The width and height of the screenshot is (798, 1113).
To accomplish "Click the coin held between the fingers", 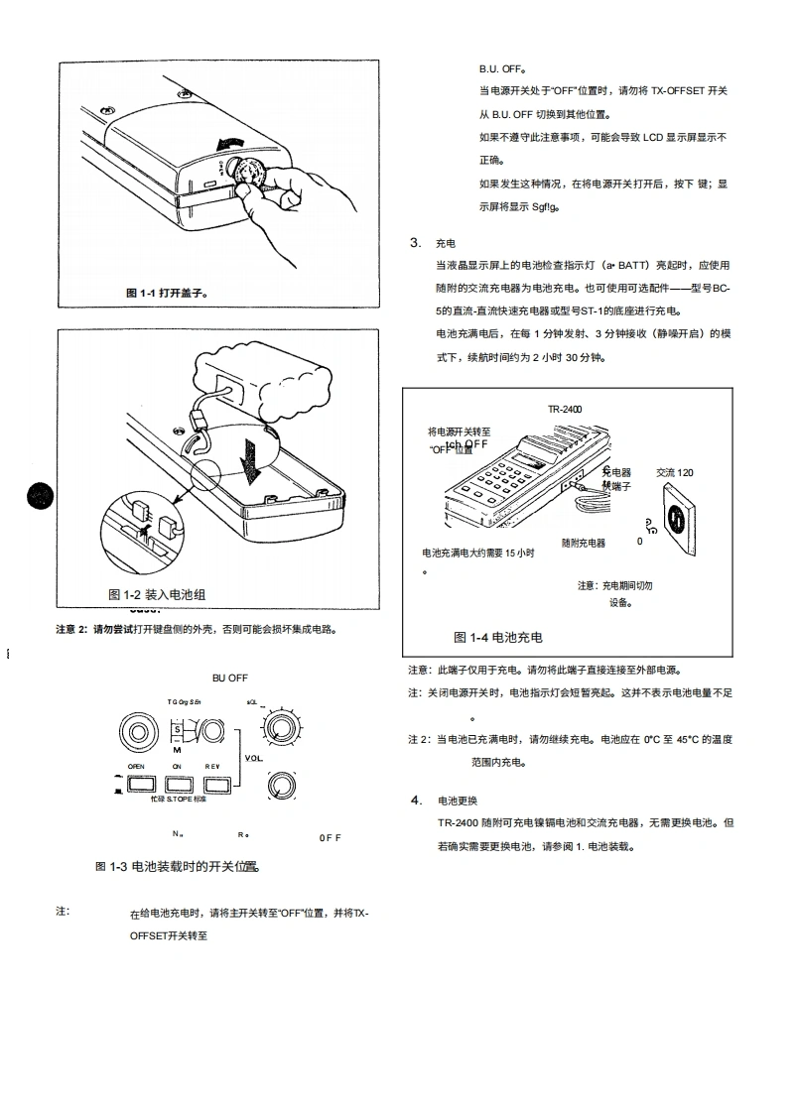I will click(248, 173).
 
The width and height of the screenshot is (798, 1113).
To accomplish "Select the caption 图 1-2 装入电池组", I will click(157, 594).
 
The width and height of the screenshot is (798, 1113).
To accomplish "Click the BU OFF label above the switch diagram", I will click(230, 678).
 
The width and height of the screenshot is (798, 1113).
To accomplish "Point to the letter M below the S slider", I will click(176, 750).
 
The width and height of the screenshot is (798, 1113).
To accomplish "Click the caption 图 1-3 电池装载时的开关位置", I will click(177, 866).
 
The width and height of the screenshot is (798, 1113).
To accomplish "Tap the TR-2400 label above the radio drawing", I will click(565, 408).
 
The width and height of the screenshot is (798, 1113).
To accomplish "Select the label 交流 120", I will click(675, 472).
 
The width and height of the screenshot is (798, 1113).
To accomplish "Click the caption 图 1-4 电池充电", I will click(498, 637).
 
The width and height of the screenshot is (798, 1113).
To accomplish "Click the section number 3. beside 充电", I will click(415, 243).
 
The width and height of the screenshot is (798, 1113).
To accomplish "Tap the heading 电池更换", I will click(458, 801).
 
